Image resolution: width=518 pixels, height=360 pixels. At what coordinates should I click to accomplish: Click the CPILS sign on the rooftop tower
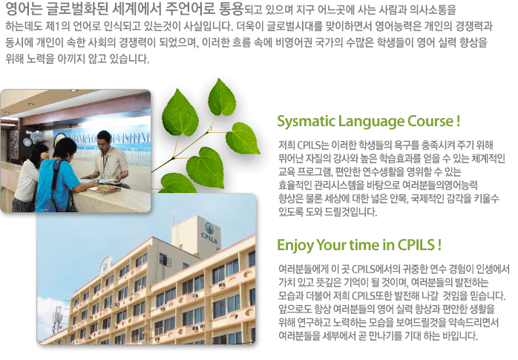coord(209,238)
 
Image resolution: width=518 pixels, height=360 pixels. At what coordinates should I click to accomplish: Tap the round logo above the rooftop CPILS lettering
coord(209,227)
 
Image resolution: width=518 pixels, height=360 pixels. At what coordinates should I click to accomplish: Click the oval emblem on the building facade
coord(105,267)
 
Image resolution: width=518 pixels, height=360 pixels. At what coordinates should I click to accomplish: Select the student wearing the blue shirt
coord(59,177)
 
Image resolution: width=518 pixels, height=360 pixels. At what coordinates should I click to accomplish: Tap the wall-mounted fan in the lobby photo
coord(36,138)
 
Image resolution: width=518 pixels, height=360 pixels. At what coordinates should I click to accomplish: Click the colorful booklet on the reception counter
coord(105,189)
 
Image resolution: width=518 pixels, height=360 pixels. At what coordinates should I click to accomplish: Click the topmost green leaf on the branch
coord(222,97)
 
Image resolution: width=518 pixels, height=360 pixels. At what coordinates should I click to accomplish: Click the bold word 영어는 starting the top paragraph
coord(24,9)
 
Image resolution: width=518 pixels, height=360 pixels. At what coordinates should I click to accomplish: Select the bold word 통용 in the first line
coord(231,9)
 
